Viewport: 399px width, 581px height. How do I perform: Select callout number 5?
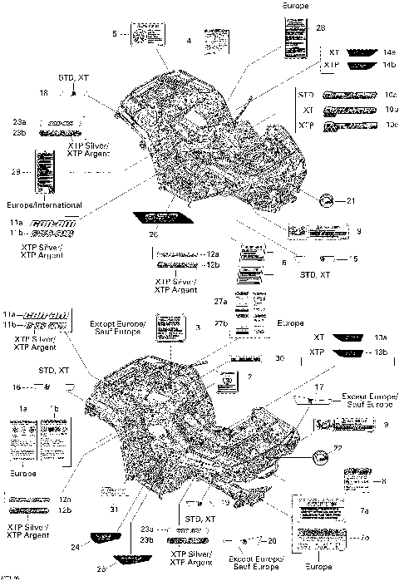click(x=115, y=32)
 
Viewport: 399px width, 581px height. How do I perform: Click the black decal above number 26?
click(x=153, y=222)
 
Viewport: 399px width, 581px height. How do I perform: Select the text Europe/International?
click(x=46, y=204)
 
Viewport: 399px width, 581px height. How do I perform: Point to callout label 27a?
click(x=220, y=302)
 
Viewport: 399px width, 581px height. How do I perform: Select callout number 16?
click(x=15, y=387)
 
